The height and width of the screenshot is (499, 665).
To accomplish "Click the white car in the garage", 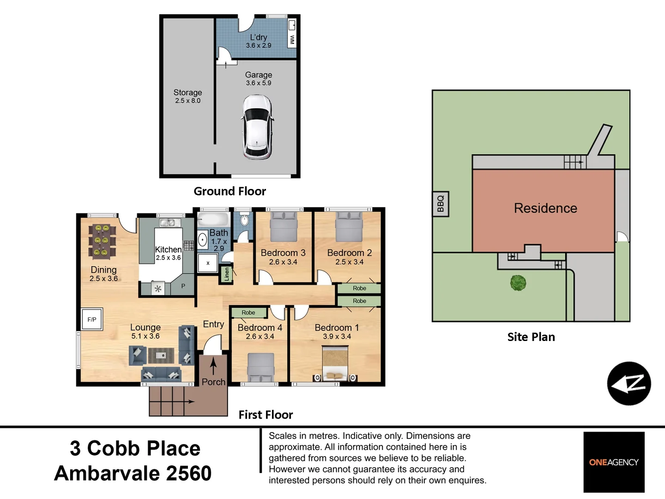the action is click(x=258, y=127).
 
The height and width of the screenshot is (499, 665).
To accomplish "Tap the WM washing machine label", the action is click(x=292, y=40).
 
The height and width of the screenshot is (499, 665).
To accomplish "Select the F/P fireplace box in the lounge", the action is click(x=92, y=319).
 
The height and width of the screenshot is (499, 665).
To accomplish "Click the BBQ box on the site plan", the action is click(x=441, y=204).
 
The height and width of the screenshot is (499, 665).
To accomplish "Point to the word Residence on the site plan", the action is click(x=546, y=208).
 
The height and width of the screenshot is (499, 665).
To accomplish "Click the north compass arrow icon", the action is click(x=629, y=383).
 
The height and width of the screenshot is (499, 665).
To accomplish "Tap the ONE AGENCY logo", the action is click(x=614, y=462).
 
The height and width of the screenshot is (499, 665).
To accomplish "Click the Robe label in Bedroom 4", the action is click(x=248, y=312).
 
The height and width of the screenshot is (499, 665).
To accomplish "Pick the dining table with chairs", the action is click(x=102, y=242).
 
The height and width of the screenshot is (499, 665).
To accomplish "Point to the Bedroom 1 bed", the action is click(x=335, y=364).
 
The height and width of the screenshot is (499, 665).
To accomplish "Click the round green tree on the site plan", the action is click(x=518, y=283).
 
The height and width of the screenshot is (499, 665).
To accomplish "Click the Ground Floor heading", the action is click(x=230, y=191).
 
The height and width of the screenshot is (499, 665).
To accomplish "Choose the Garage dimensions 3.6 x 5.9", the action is click(x=259, y=83).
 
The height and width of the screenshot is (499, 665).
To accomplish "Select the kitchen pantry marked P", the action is click(x=183, y=286).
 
